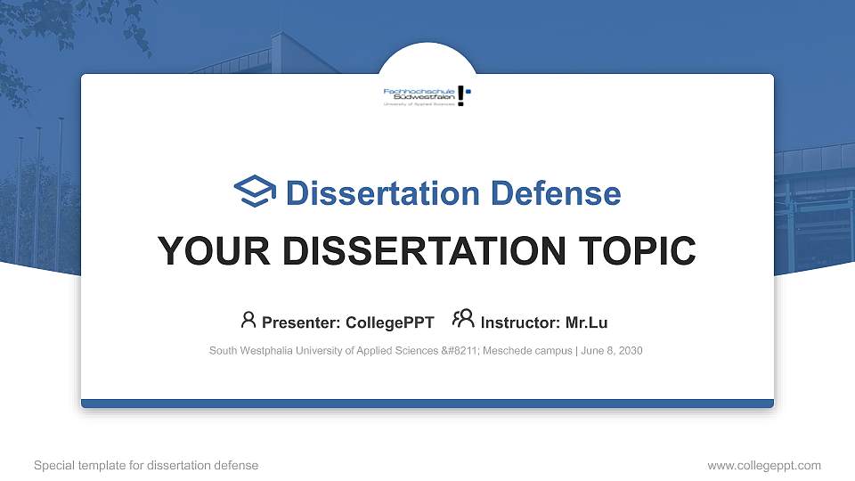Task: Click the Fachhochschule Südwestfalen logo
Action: pos(427,96)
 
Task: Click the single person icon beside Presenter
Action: pos(248,320)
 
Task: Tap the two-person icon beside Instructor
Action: pos(463,320)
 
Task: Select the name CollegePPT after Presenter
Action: pos(390,322)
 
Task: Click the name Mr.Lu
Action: pos(586,322)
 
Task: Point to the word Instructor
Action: pos(519,322)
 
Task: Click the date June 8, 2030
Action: pos(613,351)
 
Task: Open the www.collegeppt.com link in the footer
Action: pos(763,465)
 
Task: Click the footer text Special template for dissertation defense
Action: pos(145,465)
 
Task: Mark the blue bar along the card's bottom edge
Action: pos(427,404)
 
